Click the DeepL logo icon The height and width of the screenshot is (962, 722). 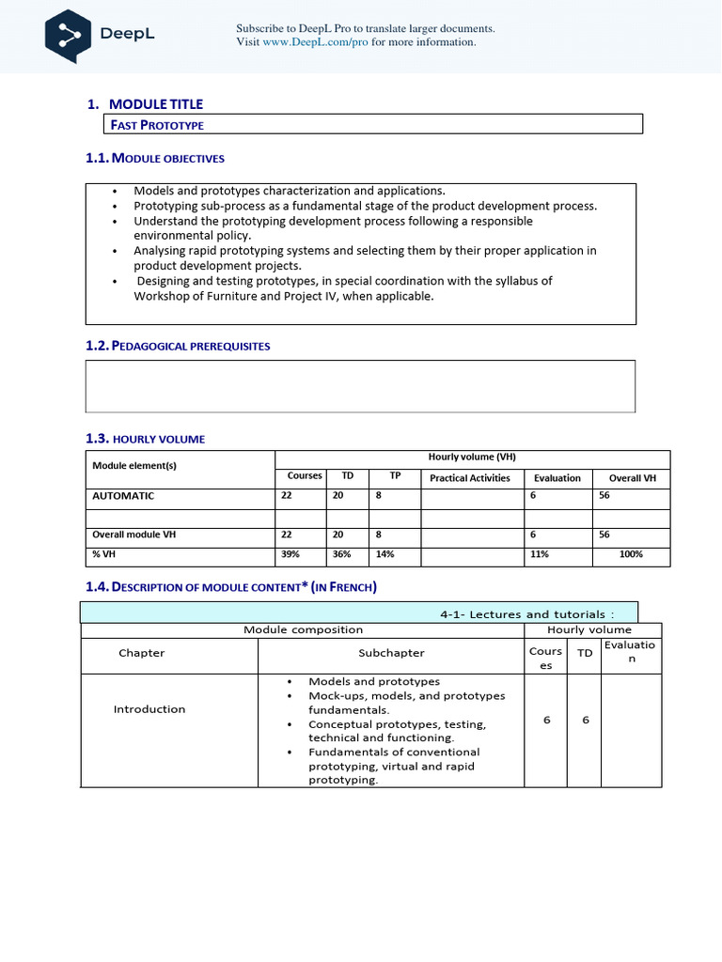click(69, 35)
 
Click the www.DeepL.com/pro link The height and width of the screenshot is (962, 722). click(315, 42)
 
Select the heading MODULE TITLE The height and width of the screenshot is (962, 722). click(156, 104)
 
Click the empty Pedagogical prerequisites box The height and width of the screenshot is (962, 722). click(360, 386)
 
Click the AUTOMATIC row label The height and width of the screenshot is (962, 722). click(123, 496)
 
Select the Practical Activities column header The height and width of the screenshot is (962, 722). click(469, 478)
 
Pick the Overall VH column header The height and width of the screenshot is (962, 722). click(632, 478)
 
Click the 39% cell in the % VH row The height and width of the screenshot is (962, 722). click(290, 555)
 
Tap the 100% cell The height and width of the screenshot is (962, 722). click(631, 555)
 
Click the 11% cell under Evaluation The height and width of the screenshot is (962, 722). click(540, 555)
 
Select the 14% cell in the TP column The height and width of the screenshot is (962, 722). click(385, 555)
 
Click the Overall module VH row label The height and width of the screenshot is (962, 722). click(133, 535)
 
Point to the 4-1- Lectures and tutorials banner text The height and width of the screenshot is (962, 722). click(526, 614)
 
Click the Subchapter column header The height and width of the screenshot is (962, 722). click(391, 653)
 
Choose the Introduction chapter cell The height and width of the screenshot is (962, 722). click(149, 709)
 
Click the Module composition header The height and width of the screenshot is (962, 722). click(303, 629)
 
